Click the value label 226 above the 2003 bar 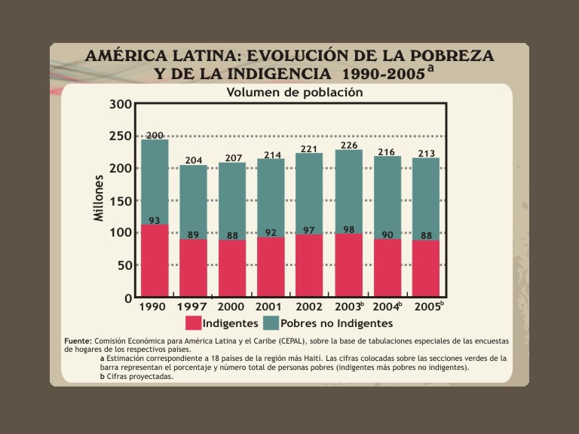coord(349,145)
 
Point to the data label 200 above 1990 coord(155,136)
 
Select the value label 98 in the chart coord(348,230)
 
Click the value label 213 coord(427,154)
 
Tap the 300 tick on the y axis coord(121,104)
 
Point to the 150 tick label coord(121,201)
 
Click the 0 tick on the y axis coord(127,298)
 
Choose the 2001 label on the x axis coord(269,307)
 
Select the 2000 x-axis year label coord(231,307)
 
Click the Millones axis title coord(99,198)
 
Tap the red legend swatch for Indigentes coord(193,323)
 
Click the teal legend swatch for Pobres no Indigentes coord(271,323)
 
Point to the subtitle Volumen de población coord(295,92)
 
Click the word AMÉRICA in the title coord(124,56)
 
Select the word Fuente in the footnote coord(78,341)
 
